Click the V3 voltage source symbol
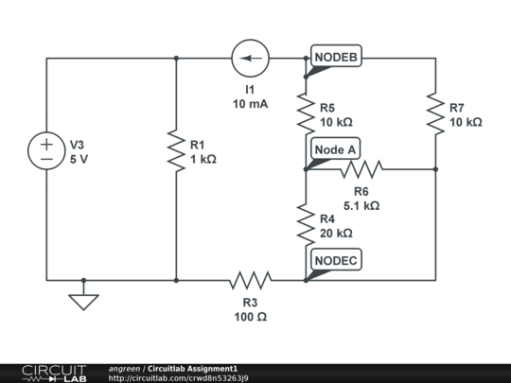coord(46,152)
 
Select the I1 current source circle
coord(250,59)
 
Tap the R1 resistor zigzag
coord(176,152)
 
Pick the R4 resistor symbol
coord(305,225)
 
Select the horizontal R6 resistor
coord(361,169)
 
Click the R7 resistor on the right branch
coord(434,113)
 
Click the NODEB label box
coord(336,58)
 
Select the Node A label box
coord(335,149)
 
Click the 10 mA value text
coord(250,104)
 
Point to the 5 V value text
coord(80,160)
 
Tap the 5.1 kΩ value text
coord(361,204)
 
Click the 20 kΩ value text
coord(336,233)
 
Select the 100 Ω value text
coord(250,317)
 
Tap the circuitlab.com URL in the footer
coord(179,378)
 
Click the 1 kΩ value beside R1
coord(203,160)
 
